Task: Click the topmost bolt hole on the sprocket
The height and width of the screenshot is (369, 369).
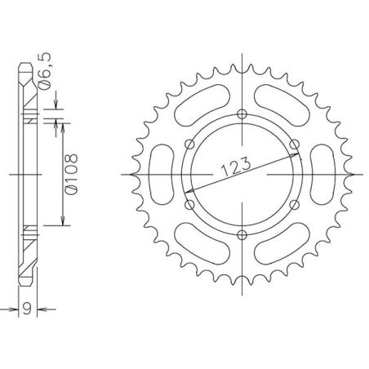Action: point(242,113)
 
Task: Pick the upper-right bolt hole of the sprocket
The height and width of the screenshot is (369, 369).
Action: point(295,144)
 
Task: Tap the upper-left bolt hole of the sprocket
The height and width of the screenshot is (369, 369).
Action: point(189,144)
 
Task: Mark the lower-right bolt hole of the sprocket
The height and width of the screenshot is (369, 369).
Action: point(295,205)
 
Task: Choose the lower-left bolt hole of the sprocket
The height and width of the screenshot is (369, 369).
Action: point(189,205)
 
